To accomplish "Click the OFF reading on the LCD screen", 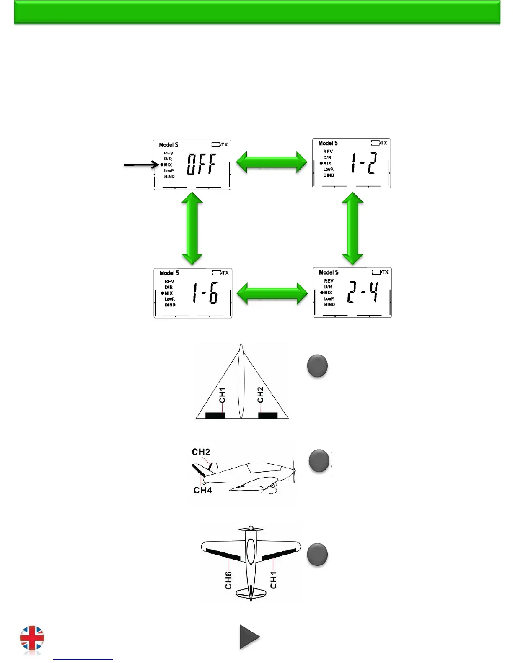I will (202, 164).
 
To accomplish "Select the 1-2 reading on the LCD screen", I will (364, 163).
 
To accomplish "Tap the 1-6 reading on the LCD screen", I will (205, 293).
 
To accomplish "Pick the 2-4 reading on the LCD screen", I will (363, 293).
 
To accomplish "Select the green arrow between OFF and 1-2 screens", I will (272, 162).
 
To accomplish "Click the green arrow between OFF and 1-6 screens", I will (192, 229).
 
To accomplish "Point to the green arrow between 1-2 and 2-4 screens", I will (352, 229).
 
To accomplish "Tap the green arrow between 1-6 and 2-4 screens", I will (272, 293).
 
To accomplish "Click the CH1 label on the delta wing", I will (222, 395).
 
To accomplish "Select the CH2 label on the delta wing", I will (260, 395).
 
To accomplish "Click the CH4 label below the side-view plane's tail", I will (202, 490).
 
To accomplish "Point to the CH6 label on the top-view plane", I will (228, 580).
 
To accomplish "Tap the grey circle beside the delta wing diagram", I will (317, 366).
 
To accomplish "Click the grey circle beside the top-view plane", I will (317, 554).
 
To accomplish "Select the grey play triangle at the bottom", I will (249, 637).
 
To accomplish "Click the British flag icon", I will (32, 639).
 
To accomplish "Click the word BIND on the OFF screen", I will (169, 177).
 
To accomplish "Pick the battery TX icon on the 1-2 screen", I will (379, 143).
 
